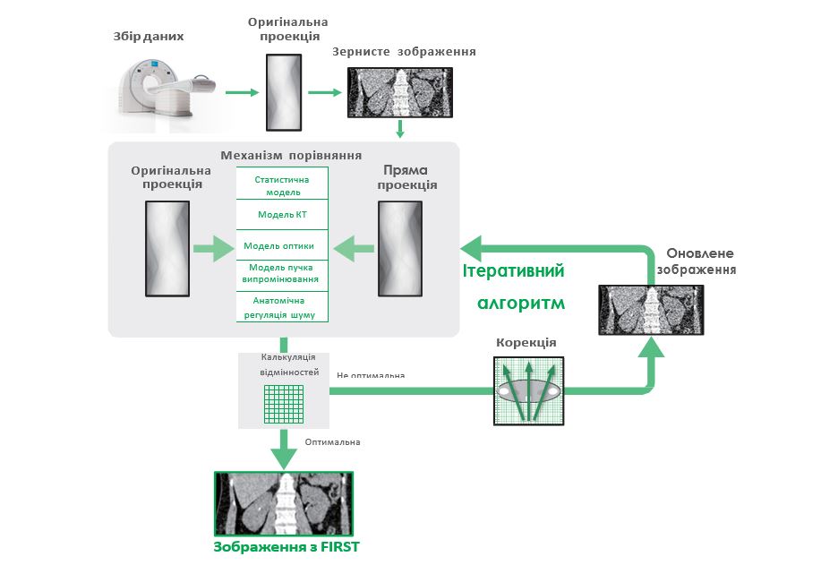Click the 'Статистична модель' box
pyautogui.click(x=282, y=185)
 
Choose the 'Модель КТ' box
pyautogui.click(x=282, y=215)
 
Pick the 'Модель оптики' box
pyautogui.click(x=282, y=245)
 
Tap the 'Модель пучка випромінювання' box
pyautogui.click(x=282, y=274)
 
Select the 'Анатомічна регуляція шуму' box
pyautogui.click(x=282, y=306)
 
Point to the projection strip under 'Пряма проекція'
pyautogui.click(x=399, y=249)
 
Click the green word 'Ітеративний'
pyautogui.click(x=514, y=271)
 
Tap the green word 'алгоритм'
pyautogui.click(x=520, y=303)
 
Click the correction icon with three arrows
pyautogui.click(x=528, y=390)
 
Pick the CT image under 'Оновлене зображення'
pyautogui.click(x=651, y=311)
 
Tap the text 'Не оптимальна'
pyautogui.click(x=371, y=375)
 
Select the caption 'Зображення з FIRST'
pyautogui.click(x=286, y=547)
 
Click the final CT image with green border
pyautogui.click(x=286, y=503)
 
